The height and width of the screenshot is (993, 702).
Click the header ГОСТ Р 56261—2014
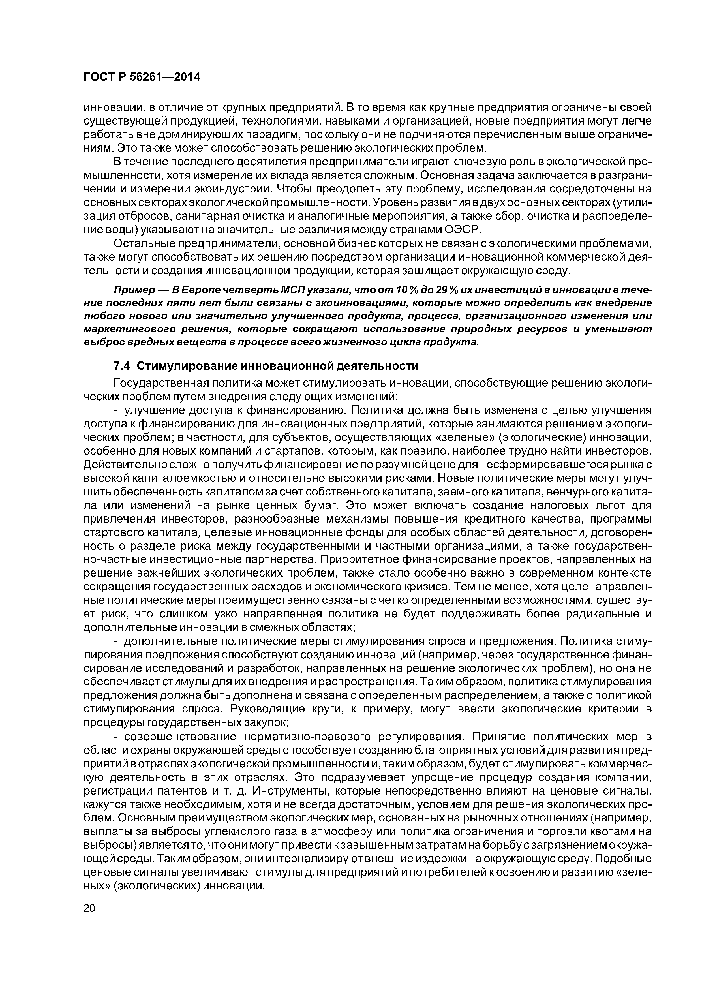click(x=142, y=77)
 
